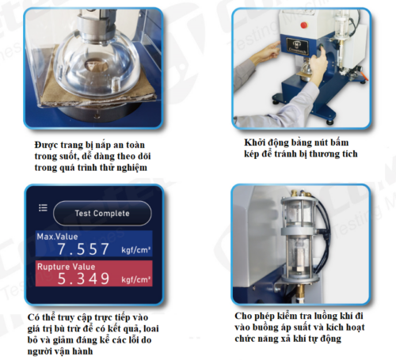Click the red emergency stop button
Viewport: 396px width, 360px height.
304,25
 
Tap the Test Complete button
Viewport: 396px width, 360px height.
102,214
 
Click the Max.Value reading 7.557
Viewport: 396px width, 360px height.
83,249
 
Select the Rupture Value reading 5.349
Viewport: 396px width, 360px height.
83,279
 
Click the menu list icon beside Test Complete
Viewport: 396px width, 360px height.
43,208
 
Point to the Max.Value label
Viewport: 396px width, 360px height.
57,237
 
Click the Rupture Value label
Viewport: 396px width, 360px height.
66,267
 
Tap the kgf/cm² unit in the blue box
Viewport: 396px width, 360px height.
136,250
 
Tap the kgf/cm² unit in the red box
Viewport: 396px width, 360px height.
136,279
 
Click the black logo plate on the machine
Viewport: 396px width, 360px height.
297,46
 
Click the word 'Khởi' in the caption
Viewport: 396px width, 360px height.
253,142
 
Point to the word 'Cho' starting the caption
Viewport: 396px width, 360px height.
242,316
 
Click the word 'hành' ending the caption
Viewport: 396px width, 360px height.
83,351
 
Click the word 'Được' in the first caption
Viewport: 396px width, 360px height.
46,145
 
